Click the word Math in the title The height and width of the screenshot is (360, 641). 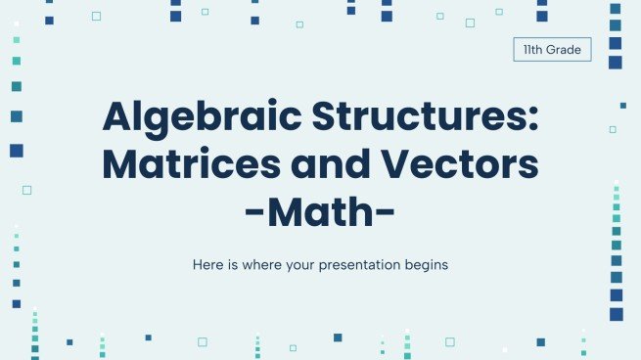(x=320, y=210)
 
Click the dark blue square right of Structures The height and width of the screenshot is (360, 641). (x=622, y=105)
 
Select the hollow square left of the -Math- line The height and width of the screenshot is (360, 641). (x=26, y=190)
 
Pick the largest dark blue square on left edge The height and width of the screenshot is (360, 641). (x=16, y=151)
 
